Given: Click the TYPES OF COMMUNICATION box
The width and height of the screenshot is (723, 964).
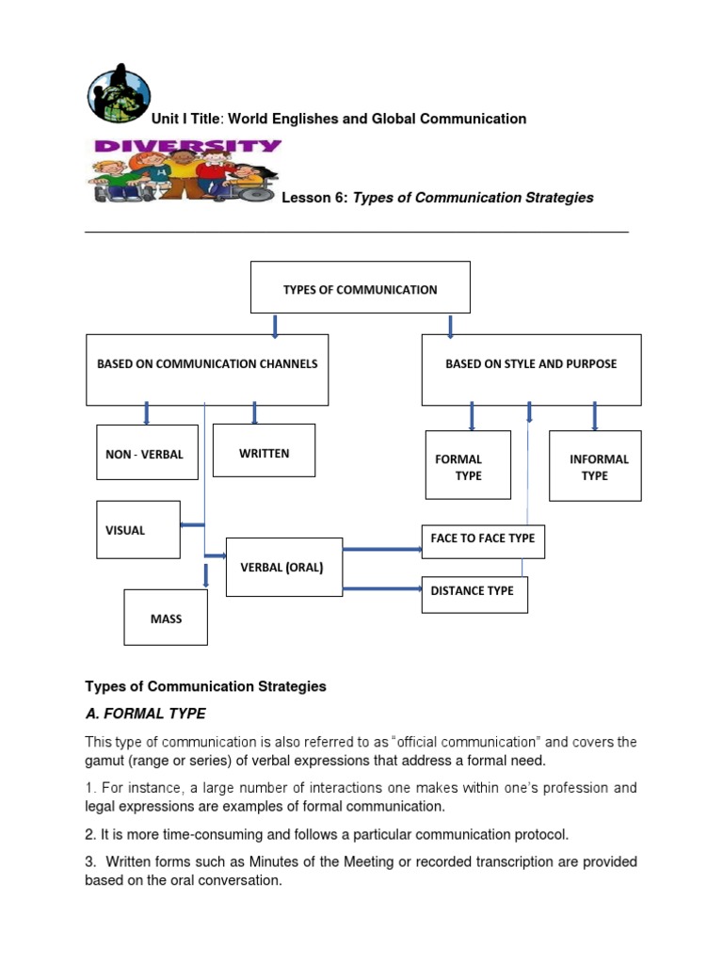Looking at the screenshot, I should click(360, 287).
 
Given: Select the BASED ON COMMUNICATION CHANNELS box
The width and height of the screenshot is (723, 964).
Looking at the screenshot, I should click(207, 369).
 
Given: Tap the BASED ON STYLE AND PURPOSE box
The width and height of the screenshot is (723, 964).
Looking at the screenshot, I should click(531, 369).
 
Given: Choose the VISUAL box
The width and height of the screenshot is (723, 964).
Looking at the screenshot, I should click(138, 529).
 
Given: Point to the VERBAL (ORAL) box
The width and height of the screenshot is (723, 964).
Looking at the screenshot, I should click(283, 568).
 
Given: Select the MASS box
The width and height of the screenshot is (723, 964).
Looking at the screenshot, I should click(166, 618).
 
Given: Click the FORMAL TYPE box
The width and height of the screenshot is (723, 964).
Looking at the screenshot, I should click(468, 466).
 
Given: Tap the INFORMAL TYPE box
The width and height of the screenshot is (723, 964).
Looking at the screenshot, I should click(595, 466).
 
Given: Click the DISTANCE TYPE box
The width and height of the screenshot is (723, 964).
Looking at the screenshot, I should click(474, 594).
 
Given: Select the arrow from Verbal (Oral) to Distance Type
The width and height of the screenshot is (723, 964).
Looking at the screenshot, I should click(381, 589).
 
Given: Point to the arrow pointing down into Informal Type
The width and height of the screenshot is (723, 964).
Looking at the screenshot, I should click(594, 415).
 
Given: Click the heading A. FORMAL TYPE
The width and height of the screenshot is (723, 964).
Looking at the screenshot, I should click(146, 714).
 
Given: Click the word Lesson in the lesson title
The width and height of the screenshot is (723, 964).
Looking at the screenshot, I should click(310, 198).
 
